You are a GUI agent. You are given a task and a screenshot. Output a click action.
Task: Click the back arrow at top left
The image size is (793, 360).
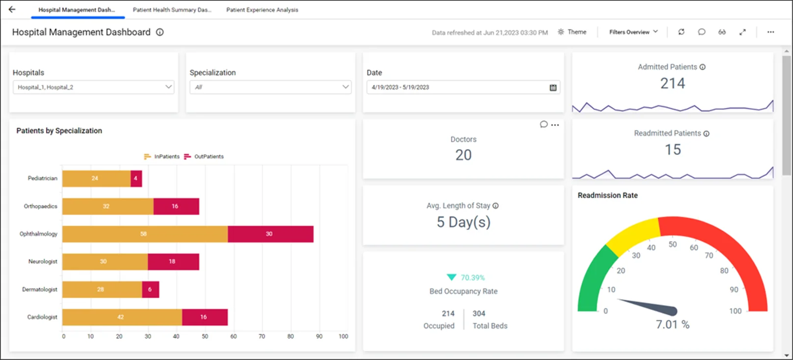[x=12, y=9]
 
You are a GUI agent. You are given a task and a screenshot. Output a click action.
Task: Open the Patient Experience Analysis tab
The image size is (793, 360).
[x=262, y=10]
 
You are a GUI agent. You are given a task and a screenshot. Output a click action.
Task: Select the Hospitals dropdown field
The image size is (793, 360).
[x=93, y=87]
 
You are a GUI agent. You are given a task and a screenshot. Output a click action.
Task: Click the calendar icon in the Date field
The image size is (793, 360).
[x=553, y=87]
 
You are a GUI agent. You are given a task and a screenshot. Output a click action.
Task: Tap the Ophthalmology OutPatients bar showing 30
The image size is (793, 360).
[x=270, y=234]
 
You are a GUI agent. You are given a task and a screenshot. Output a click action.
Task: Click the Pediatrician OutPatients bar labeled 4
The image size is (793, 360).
[x=136, y=179]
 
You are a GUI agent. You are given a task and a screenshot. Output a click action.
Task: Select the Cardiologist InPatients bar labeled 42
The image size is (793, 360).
[x=122, y=317]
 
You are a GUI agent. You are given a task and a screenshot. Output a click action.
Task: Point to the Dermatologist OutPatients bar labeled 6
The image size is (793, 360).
[x=150, y=289]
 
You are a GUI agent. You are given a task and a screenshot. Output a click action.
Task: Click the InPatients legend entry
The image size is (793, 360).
[x=162, y=156]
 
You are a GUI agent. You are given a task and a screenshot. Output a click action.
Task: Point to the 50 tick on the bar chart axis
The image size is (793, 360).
[x=205, y=336]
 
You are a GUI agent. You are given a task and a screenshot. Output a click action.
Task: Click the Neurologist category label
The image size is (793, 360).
[x=43, y=261]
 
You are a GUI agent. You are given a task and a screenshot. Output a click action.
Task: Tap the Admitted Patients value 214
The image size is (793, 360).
[x=672, y=83]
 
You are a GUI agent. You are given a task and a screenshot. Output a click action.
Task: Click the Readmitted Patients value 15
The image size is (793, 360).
[x=673, y=150]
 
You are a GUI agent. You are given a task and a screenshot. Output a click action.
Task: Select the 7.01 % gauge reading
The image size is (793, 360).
[x=672, y=325]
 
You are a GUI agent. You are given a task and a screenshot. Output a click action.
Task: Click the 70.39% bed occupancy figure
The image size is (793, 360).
[x=472, y=278]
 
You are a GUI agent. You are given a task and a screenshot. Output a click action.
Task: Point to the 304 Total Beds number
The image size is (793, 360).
[x=479, y=313]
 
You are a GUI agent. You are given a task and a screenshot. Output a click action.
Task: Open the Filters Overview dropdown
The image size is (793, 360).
[x=633, y=32]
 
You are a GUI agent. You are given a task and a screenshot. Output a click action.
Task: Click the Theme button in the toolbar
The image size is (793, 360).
[x=572, y=32]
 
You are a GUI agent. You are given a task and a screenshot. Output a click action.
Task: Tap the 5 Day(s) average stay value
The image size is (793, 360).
[x=463, y=222]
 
